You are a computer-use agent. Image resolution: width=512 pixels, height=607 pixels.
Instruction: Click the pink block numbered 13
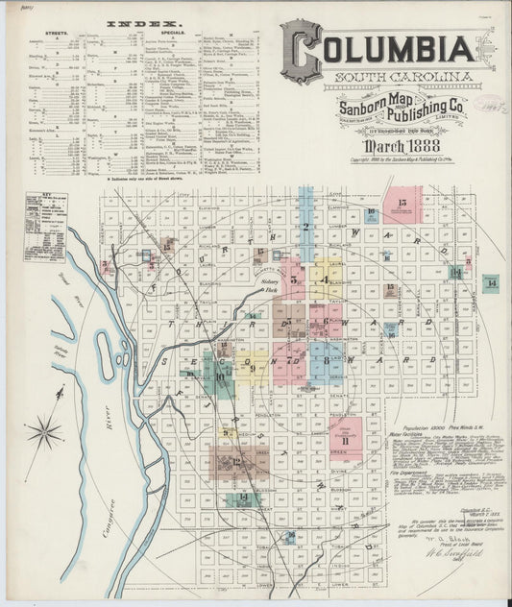(x=402, y=205)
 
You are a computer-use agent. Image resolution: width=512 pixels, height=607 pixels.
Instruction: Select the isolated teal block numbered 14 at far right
(x=491, y=283)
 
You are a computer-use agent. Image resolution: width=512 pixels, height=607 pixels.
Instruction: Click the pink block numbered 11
(x=344, y=436)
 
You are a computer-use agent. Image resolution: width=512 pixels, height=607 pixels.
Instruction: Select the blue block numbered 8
(x=327, y=360)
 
